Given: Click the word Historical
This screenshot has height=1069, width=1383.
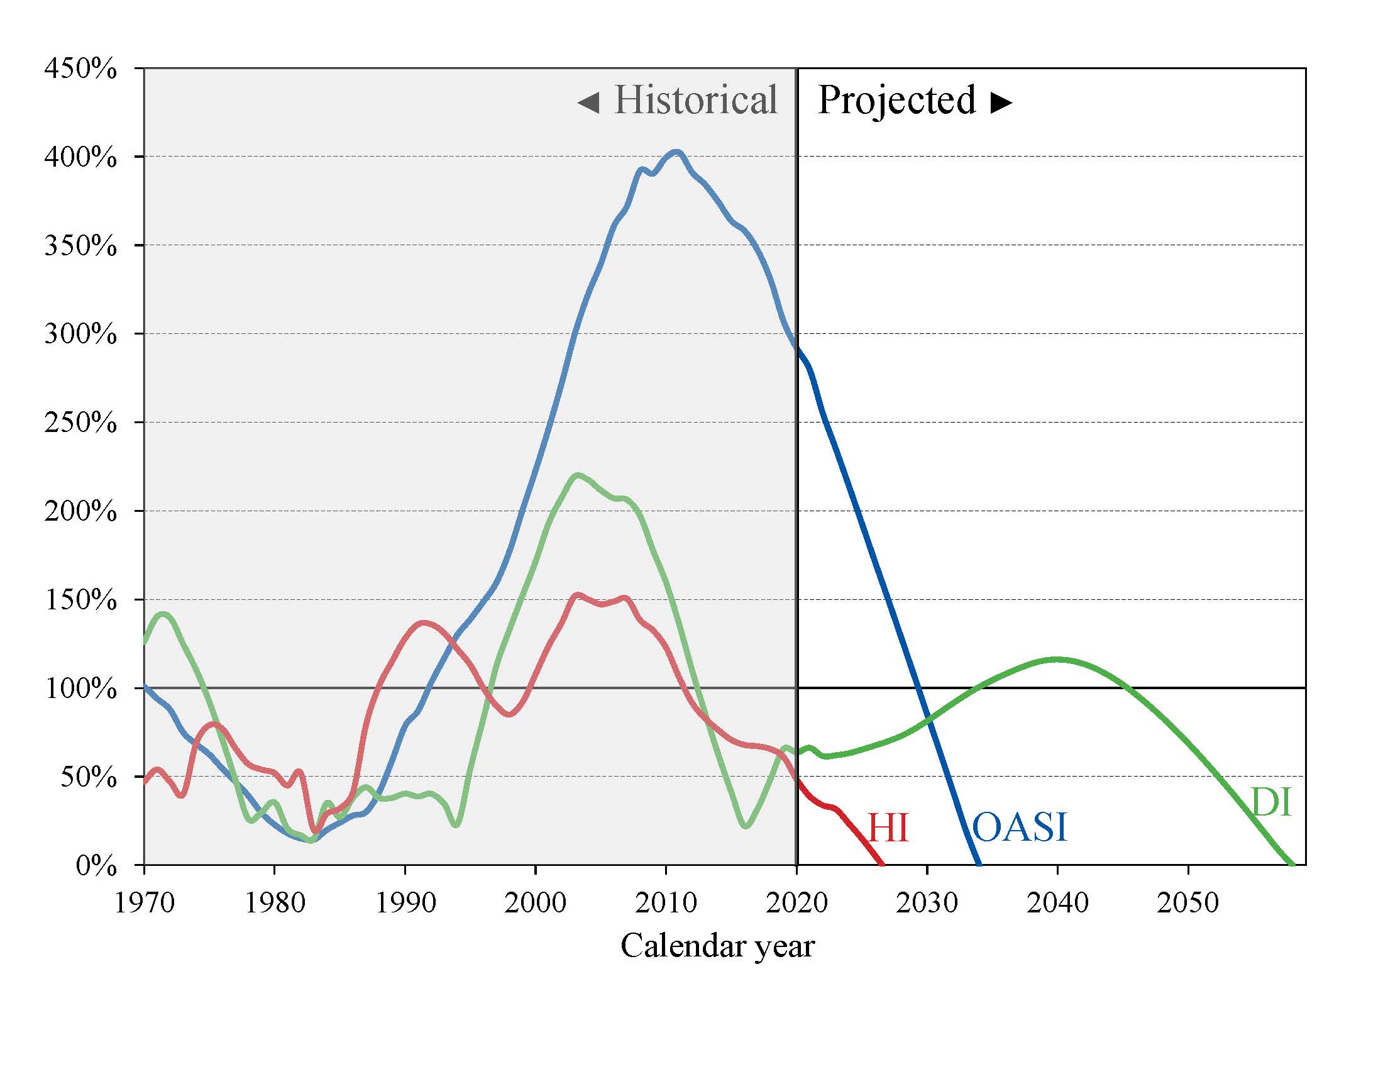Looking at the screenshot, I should (x=695, y=100).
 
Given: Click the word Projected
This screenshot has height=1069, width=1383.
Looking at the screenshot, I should (x=896, y=100).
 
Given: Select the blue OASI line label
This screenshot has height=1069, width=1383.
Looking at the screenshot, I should (x=1019, y=827).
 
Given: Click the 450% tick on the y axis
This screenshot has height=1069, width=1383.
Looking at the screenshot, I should (x=80, y=69).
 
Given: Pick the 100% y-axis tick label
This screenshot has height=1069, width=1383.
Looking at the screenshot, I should (x=80, y=689).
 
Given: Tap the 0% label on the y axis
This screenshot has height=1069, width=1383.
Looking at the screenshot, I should (x=96, y=865).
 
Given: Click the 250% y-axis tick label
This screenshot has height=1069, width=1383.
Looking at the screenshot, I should (x=80, y=423).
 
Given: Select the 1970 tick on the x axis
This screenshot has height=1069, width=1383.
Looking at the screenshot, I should (x=144, y=902).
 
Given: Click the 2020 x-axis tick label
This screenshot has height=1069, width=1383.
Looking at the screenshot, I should (x=796, y=902).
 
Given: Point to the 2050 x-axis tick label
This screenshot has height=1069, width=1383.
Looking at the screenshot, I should (x=1188, y=902).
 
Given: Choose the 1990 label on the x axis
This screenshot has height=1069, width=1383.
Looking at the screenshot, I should (x=405, y=902).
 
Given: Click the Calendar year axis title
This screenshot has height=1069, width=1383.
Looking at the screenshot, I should (x=717, y=946).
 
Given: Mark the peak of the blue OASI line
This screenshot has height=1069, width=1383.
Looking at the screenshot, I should (x=676, y=152).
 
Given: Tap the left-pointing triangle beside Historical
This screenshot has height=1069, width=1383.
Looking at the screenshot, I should (x=588, y=102).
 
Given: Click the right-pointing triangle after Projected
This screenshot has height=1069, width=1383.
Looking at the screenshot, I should (x=1001, y=102).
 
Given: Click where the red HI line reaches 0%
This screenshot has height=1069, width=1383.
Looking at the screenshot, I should (x=881, y=863).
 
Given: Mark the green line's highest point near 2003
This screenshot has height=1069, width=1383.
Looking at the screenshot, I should (x=577, y=475).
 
